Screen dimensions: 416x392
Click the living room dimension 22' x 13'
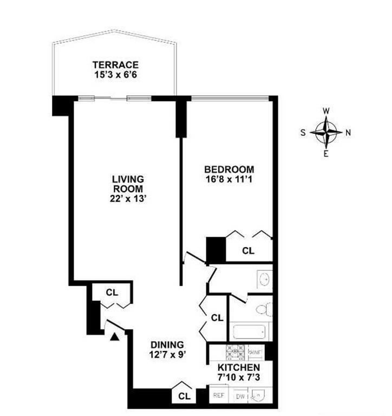[128, 198]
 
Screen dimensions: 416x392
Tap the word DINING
[167, 344]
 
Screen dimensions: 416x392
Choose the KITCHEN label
[234, 366]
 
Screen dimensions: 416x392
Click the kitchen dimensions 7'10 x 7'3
[234, 376]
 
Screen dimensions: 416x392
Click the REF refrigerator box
[219, 395]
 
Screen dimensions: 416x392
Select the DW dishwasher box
[239, 396]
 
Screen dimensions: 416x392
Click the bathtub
[250, 331]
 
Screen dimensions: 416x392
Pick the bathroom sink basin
[264, 279]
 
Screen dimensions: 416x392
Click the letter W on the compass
[326, 111]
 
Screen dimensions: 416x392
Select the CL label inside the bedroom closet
[248, 251]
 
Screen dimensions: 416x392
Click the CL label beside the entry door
[112, 292]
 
